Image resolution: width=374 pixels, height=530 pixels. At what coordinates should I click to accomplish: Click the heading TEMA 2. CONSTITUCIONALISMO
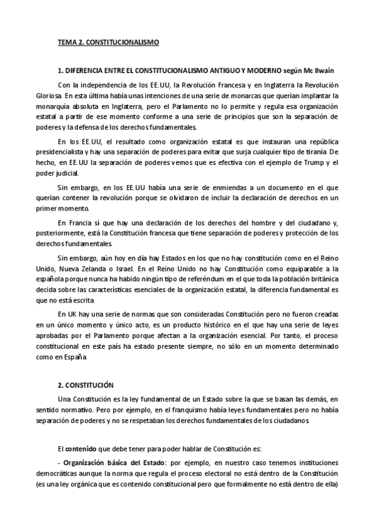tap(108, 42)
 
